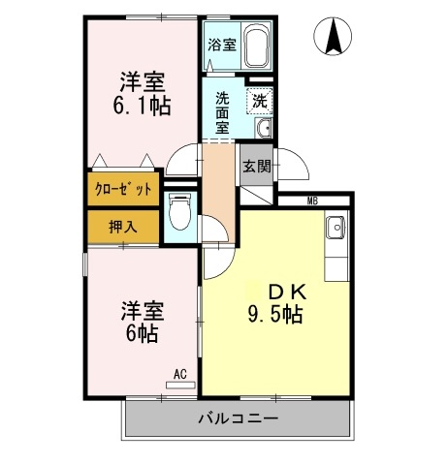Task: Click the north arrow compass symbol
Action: [x=333, y=36]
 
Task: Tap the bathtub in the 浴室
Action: [x=257, y=48]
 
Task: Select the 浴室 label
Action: [x=222, y=45]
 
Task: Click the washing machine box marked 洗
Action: [x=260, y=101]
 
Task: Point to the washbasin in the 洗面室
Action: [x=264, y=128]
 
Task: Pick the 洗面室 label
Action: [x=222, y=113]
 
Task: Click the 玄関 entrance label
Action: [x=257, y=167]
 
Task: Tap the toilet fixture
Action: [x=179, y=211]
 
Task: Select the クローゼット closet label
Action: [x=123, y=189]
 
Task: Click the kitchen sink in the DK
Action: [x=336, y=228]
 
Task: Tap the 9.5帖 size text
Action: [x=275, y=315]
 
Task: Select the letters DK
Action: [x=287, y=293]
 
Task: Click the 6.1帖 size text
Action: [x=142, y=106]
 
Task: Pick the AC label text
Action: [x=180, y=375]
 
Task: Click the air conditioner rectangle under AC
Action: [x=180, y=386]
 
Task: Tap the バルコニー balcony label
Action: [x=239, y=418]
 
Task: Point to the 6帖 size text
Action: [x=142, y=333]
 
